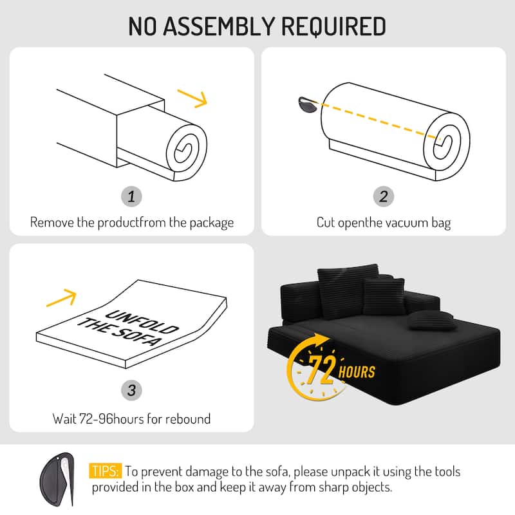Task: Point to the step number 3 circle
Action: [x=131, y=390]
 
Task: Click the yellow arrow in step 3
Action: [x=62, y=298]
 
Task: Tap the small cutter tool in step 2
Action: [x=307, y=104]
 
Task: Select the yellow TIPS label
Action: [x=106, y=472]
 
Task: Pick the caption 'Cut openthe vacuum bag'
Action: [x=384, y=223]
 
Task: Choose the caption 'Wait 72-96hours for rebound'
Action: [x=131, y=418]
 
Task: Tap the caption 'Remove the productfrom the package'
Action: [x=131, y=223]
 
